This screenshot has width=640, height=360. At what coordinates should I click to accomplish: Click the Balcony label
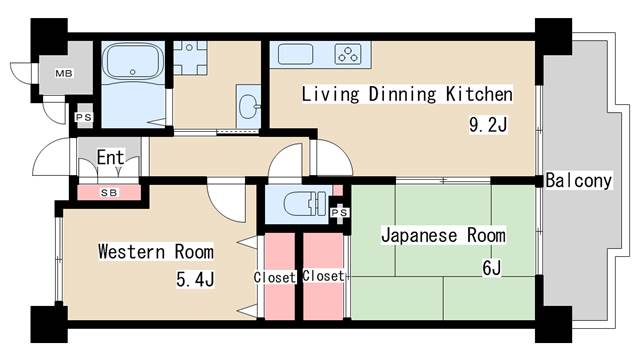(x=579, y=181)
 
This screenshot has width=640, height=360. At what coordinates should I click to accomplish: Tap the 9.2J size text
(x=489, y=127)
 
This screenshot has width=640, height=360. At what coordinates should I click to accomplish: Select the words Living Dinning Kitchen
(x=407, y=95)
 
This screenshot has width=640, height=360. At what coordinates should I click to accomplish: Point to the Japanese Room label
(x=443, y=236)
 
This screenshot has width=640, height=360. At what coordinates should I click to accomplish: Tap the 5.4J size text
(x=195, y=281)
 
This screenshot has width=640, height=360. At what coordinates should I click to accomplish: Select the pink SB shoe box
(x=108, y=191)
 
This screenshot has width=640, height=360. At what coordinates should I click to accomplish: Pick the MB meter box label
(x=63, y=73)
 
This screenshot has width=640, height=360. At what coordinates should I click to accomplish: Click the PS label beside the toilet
(x=339, y=212)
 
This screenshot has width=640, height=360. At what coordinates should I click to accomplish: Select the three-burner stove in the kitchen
(x=346, y=54)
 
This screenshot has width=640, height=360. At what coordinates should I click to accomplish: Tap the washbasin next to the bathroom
(x=250, y=104)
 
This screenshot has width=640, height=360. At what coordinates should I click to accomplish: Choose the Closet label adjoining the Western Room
(x=274, y=277)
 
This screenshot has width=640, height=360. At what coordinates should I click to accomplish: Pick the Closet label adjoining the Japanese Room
(x=323, y=276)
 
